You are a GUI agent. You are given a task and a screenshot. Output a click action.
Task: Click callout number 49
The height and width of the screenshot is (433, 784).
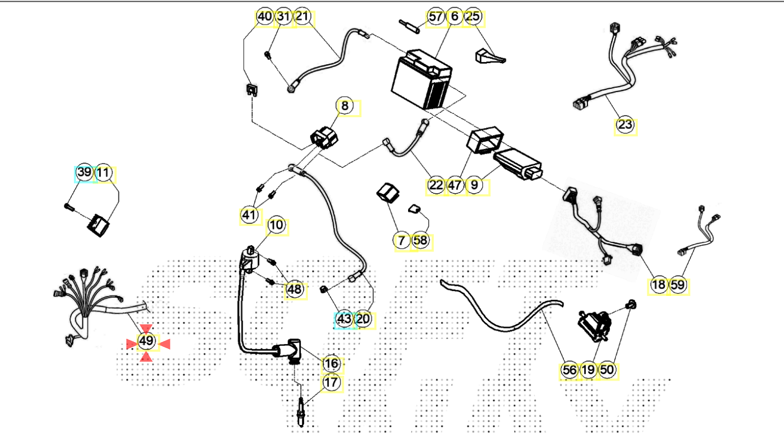146,341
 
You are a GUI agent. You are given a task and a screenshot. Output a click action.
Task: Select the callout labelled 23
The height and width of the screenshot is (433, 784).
625,125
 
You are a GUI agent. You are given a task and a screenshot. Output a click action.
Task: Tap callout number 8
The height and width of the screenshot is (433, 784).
345,107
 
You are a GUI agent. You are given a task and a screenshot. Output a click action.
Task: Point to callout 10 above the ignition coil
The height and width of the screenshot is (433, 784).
276,225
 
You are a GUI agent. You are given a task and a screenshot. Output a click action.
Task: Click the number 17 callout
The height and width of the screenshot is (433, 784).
331,383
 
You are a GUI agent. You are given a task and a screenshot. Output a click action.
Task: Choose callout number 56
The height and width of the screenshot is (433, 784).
569,369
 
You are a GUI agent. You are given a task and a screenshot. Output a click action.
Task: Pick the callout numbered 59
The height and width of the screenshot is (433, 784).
677,285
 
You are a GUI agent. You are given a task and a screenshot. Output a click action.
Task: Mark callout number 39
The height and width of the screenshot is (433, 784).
84,173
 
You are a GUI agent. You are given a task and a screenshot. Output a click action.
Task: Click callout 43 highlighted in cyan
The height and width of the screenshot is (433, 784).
343,319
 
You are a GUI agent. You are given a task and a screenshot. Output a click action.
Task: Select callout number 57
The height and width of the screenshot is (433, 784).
436,17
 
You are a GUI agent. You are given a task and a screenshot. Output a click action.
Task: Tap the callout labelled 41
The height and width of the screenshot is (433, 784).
248,215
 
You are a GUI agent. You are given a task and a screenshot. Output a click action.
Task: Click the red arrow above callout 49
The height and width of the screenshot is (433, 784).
146,328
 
